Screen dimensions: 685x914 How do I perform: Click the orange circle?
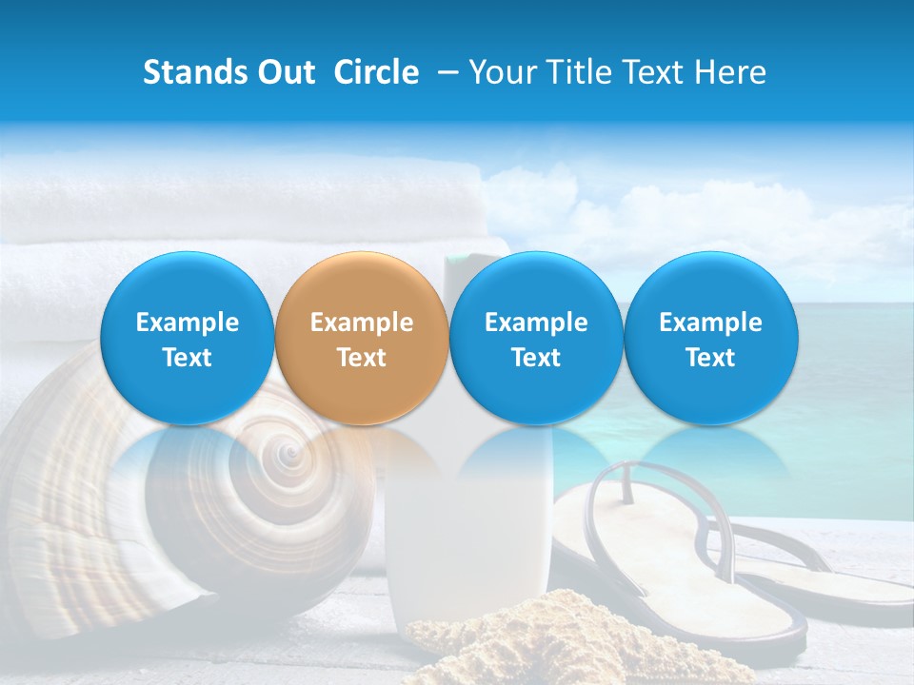click(362, 339)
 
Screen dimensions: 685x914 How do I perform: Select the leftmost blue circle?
click(188, 339)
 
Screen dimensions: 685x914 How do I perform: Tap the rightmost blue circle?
click(710, 339)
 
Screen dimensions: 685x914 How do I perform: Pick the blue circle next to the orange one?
click(536, 339)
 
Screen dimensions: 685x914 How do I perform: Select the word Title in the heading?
click(585, 72)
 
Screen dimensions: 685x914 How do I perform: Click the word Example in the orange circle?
click(362, 323)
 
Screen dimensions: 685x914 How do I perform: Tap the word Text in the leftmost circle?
click(188, 358)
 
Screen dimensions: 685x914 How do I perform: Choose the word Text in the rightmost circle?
click(710, 358)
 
